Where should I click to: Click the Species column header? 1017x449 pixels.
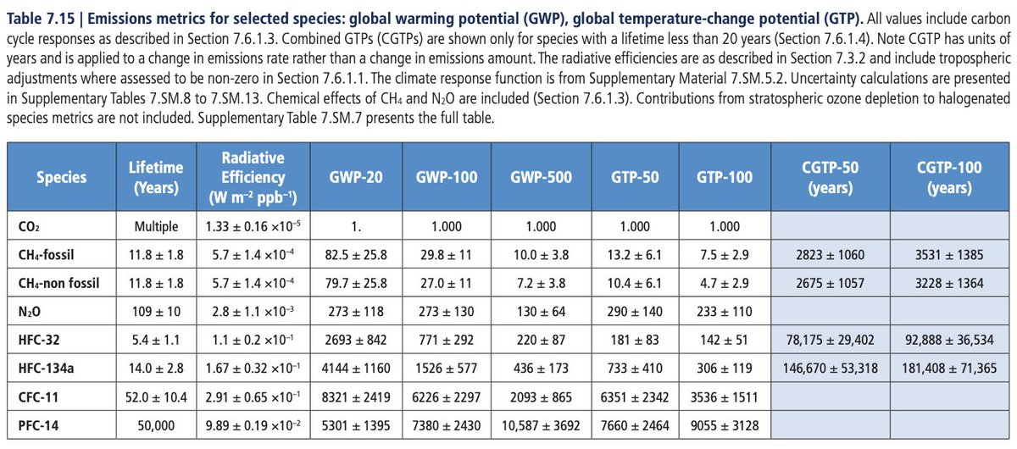tap(61, 177)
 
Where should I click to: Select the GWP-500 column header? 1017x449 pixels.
tap(541, 177)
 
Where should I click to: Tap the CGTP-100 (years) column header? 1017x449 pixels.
tap(950, 177)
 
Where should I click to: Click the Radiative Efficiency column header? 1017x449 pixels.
tap(253, 177)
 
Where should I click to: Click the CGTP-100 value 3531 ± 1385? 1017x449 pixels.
tap(950, 254)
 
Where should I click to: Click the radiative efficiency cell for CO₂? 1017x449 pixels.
tap(253, 227)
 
